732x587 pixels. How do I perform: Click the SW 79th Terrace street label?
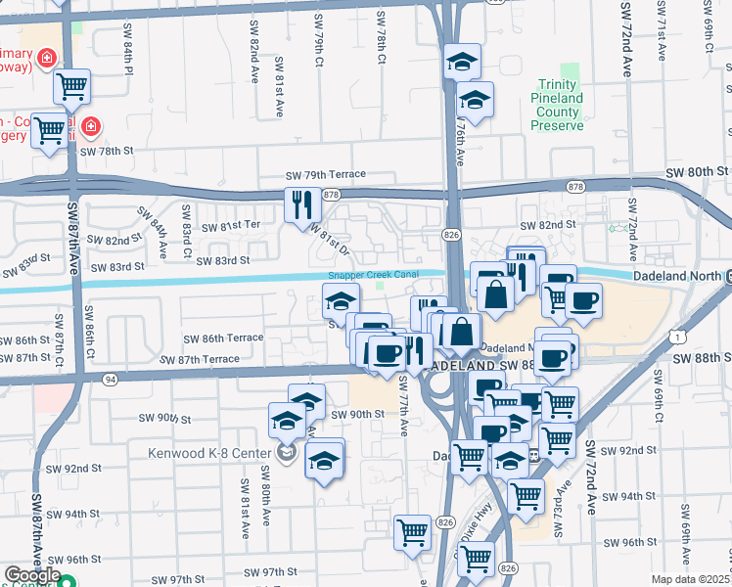pyautogui.click(x=325, y=175)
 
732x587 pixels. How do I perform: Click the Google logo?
pyautogui.click(x=32, y=574)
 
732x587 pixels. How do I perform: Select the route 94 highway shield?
pyautogui.click(x=110, y=379)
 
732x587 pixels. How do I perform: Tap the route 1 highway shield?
pyautogui.click(x=677, y=336)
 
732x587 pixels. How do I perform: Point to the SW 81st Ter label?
pyautogui.click(x=231, y=226)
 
